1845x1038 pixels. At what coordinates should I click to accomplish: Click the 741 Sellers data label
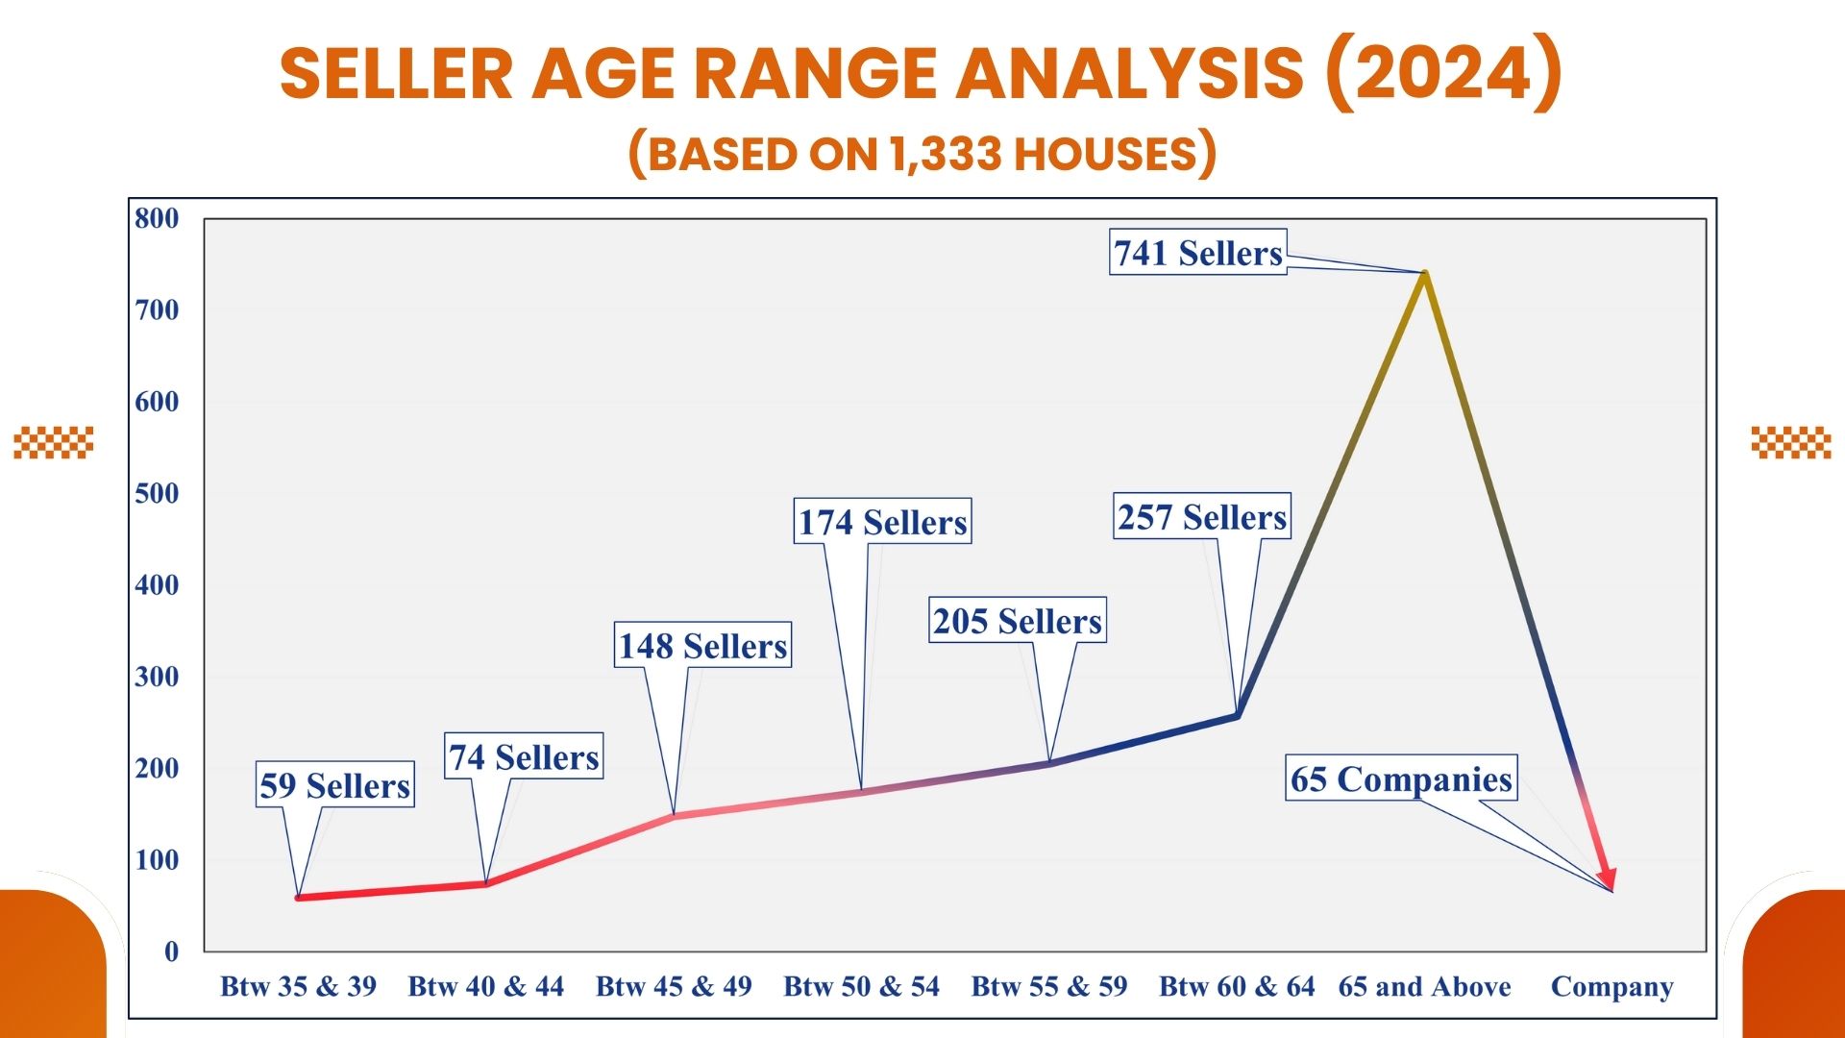coord(1197,253)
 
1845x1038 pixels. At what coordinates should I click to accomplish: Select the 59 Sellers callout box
coord(334,785)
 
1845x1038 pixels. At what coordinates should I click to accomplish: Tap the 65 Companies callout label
coord(1401,778)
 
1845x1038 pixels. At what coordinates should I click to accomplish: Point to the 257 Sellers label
coord(1201,517)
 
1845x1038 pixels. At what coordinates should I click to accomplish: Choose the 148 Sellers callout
coord(702,645)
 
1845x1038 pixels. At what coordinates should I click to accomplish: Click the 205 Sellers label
coord(1018,621)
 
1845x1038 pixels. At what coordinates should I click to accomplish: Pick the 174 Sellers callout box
coord(882,521)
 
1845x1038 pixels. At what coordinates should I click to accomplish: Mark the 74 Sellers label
coord(524,756)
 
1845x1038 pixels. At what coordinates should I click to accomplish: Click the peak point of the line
coord(1424,273)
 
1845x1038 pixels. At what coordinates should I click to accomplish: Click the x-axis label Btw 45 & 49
coord(674,986)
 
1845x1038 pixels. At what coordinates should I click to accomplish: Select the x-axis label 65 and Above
coord(1424,986)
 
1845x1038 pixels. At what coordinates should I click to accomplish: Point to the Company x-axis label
coord(1611,986)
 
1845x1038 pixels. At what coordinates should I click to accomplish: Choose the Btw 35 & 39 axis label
coord(298,986)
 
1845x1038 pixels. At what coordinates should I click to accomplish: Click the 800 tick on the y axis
coord(157,218)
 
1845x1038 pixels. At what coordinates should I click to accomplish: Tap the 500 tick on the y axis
coord(157,493)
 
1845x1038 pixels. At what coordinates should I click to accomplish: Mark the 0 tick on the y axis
coord(171,951)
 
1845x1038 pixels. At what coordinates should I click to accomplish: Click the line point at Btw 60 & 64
coord(1237,715)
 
